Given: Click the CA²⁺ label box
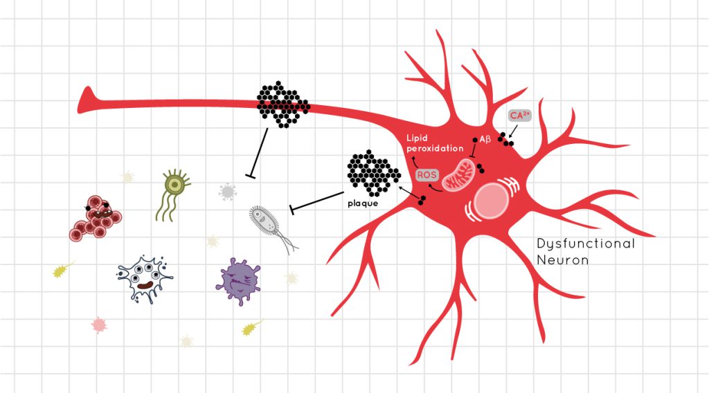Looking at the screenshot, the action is [x=519, y=116].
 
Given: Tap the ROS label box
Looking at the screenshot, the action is [x=427, y=175].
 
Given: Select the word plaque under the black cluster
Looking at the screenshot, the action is [x=363, y=203].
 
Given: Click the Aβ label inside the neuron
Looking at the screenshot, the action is [x=485, y=139].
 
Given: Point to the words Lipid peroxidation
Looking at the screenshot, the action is [x=435, y=143].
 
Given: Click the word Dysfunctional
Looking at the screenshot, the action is [x=586, y=244].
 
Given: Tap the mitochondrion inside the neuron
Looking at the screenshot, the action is [x=458, y=174].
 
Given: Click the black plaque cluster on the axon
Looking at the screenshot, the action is [x=283, y=104].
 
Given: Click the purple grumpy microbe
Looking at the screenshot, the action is [x=238, y=281].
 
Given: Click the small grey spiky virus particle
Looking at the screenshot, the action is [x=227, y=192].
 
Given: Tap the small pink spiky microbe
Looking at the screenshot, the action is [x=98, y=325].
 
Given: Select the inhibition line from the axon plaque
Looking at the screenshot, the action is [x=258, y=153].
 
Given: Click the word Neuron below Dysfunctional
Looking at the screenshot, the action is [x=562, y=260].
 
